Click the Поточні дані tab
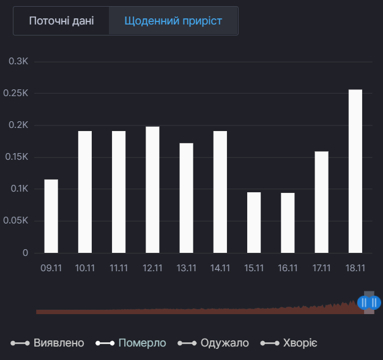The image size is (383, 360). [x=61, y=21]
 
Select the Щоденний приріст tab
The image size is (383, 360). [x=173, y=21]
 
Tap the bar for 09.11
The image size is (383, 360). [x=51, y=216]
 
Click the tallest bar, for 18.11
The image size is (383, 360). [x=355, y=171]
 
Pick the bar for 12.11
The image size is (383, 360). [x=152, y=190]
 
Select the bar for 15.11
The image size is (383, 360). [x=254, y=222]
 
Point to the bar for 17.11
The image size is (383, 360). [x=321, y=202]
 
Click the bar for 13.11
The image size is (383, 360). [x=186, y=198]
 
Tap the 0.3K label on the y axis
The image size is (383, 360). [x=18, y=62]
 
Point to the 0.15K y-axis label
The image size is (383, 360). [x=17, y=157]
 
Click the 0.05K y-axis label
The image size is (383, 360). [x=17, y=221]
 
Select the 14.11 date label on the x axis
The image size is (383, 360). [x=220, y=268]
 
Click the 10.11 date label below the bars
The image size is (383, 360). [x=85, y=268]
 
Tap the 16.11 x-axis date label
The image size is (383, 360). [x=288, y=268]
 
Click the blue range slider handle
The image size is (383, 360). [x=369, y=302]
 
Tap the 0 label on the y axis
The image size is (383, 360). [x=25, y=253]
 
